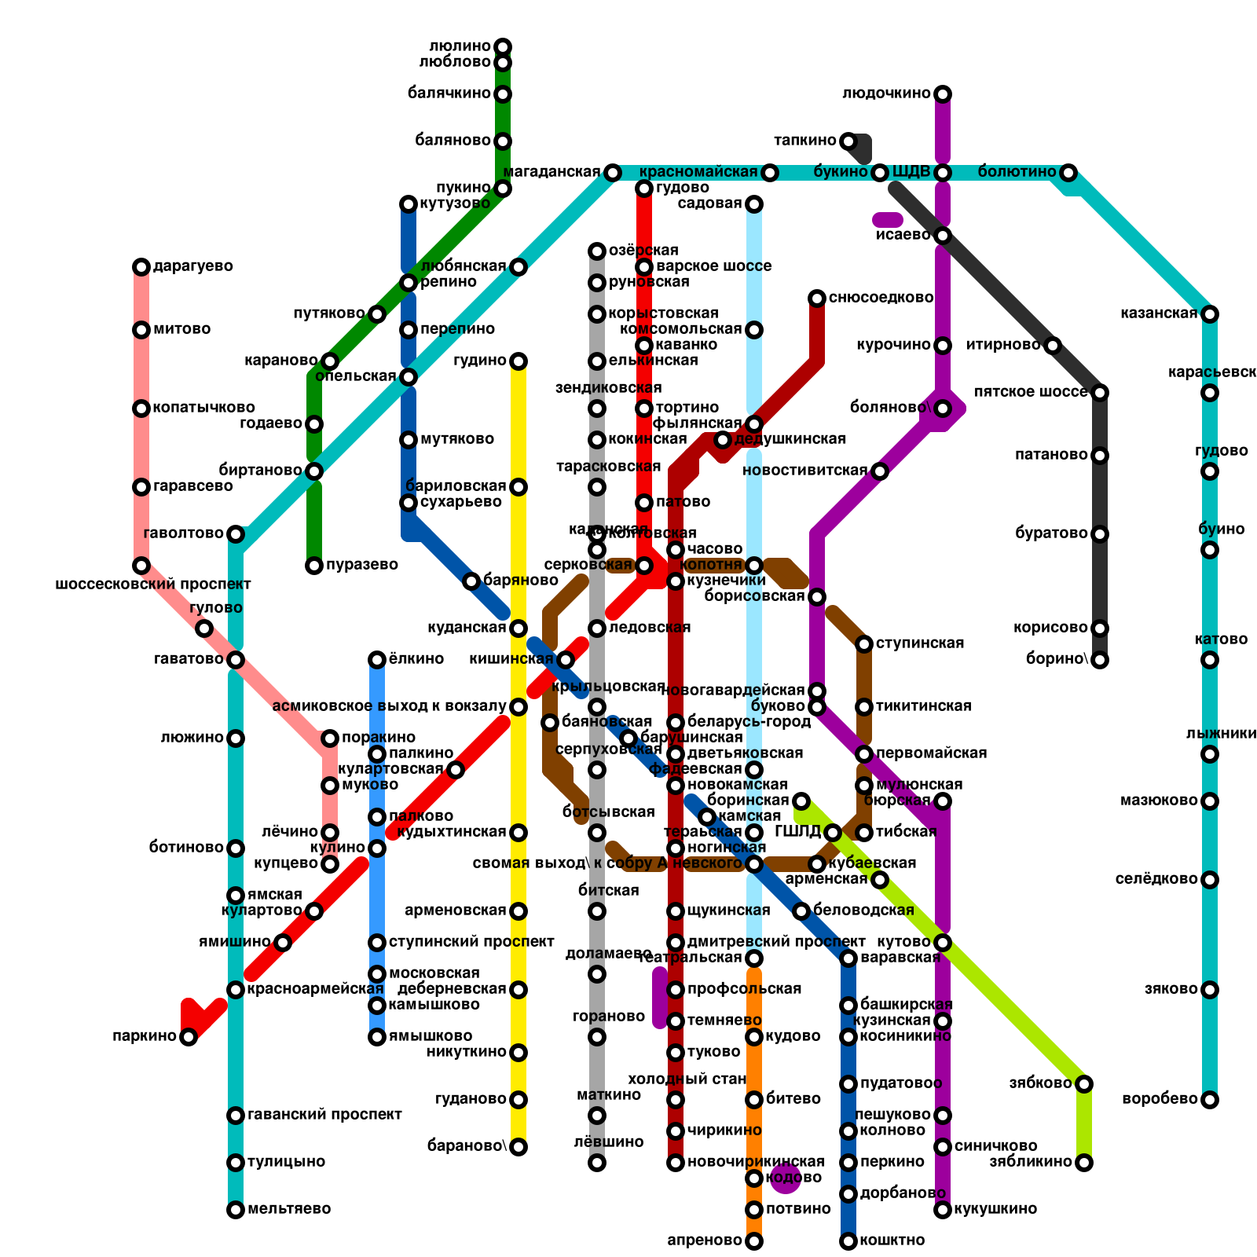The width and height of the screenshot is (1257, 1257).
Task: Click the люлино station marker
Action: [503, 47]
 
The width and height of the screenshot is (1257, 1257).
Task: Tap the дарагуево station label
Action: [192, 266]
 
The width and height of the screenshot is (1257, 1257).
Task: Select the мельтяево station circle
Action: [236, 1210]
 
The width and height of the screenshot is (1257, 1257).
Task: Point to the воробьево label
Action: [1160, 1099]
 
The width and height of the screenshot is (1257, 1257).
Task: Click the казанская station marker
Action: [1210, 314]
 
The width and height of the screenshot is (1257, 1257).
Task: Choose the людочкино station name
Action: [886, 93]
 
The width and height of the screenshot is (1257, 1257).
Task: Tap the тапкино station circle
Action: [848, 141]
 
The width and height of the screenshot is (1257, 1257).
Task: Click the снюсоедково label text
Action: [881, 298]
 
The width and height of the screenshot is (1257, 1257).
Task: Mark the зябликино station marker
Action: [1084, 1163]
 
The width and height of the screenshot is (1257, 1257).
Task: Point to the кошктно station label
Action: [892, 1241]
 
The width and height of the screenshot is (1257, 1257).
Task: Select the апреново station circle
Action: [754, 1241]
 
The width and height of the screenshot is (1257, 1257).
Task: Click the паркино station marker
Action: [189, 1037]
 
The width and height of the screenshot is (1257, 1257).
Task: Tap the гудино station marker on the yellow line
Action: [519, 361]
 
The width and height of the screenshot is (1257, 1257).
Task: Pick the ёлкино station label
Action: [416, 659]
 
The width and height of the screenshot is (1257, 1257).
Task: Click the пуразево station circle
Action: [314, 566]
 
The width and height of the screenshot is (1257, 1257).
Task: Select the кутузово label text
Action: [455, 203]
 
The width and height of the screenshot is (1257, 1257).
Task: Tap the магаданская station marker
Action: [613, 173]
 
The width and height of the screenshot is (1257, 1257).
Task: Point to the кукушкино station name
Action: [995, 1209]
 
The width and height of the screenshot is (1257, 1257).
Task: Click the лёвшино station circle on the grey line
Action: [597, 1163]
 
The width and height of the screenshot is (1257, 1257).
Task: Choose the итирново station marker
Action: [1053, 346]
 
